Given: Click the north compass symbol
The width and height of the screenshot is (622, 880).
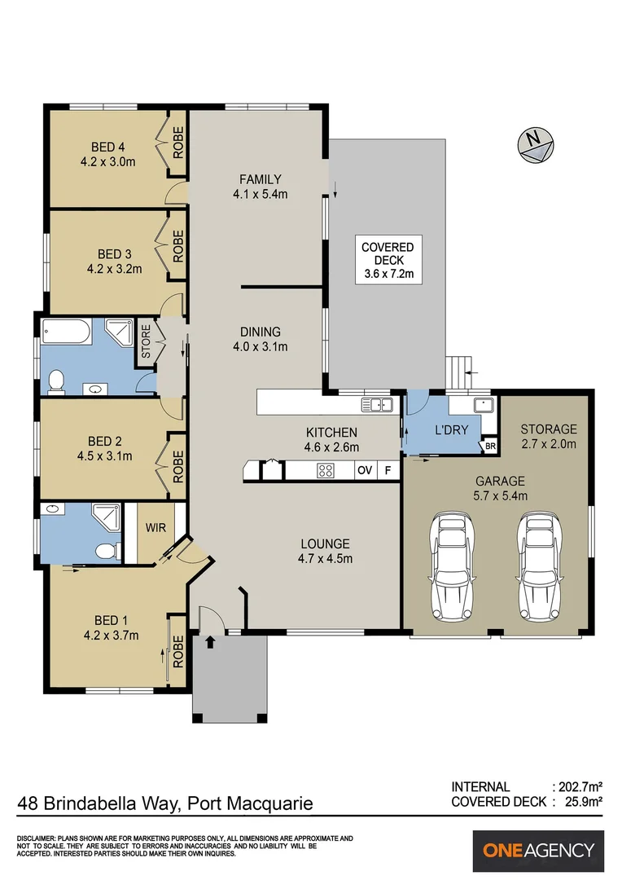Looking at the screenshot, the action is (x=536, y=145).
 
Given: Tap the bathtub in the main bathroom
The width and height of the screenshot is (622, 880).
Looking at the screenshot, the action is (x=66, y=332).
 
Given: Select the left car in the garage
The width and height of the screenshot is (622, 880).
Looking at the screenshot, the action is (x=452, y=565).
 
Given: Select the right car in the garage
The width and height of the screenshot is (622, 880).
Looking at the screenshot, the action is (x=540, y=565).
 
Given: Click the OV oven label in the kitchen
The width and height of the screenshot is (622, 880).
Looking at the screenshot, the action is (x=365, y=470).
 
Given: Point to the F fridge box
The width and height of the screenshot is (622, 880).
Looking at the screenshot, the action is (x=388, y=470).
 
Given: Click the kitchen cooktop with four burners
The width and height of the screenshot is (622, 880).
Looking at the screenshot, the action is (x=326, y=470).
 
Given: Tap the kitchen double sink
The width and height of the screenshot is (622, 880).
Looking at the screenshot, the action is (x=376, y=404).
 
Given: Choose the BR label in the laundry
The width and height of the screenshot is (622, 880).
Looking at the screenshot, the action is (x=490, y=447).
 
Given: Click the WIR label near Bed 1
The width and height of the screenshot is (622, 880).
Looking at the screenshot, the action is (x=155, y=527).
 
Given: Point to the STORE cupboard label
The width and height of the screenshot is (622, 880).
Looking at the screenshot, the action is (x=146, y=341).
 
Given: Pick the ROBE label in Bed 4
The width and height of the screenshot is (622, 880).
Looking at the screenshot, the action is (x=178, y=143).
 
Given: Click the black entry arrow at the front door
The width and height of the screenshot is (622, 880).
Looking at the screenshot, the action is (x=210, y=641).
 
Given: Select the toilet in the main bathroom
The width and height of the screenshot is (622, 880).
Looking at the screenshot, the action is (x=56, y=381).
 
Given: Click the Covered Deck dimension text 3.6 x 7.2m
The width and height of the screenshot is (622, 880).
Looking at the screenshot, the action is (x=388, y=275).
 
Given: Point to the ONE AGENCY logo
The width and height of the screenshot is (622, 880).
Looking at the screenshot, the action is (x=538, y=850).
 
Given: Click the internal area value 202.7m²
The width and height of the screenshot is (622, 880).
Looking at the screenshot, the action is (x=576, y=787).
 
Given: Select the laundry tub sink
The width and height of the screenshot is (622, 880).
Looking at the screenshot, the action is (x=483, y=405).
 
